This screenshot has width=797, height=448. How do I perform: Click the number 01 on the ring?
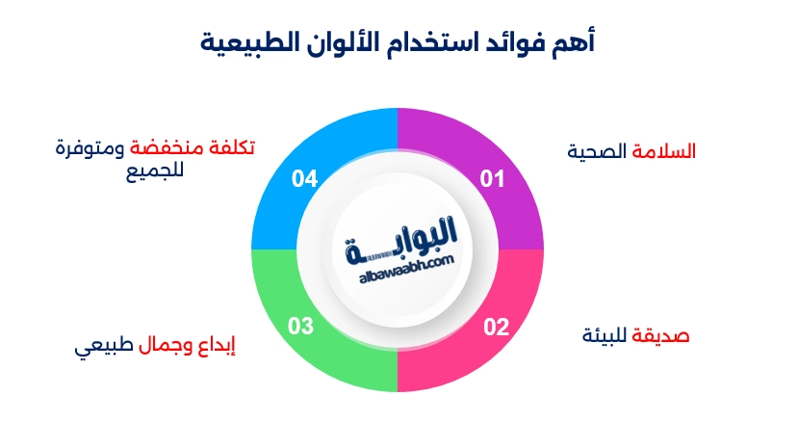[493, 178]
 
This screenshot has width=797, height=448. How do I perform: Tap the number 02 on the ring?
[495, 327]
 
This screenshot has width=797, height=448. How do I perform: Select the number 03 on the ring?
[301, 327]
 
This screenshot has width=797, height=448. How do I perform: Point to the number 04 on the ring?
[305, 178]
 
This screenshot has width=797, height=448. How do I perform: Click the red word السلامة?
[663, 152]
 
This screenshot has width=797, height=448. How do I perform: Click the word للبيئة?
[605, 336]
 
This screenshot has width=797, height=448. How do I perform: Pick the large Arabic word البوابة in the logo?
[404, 241]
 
